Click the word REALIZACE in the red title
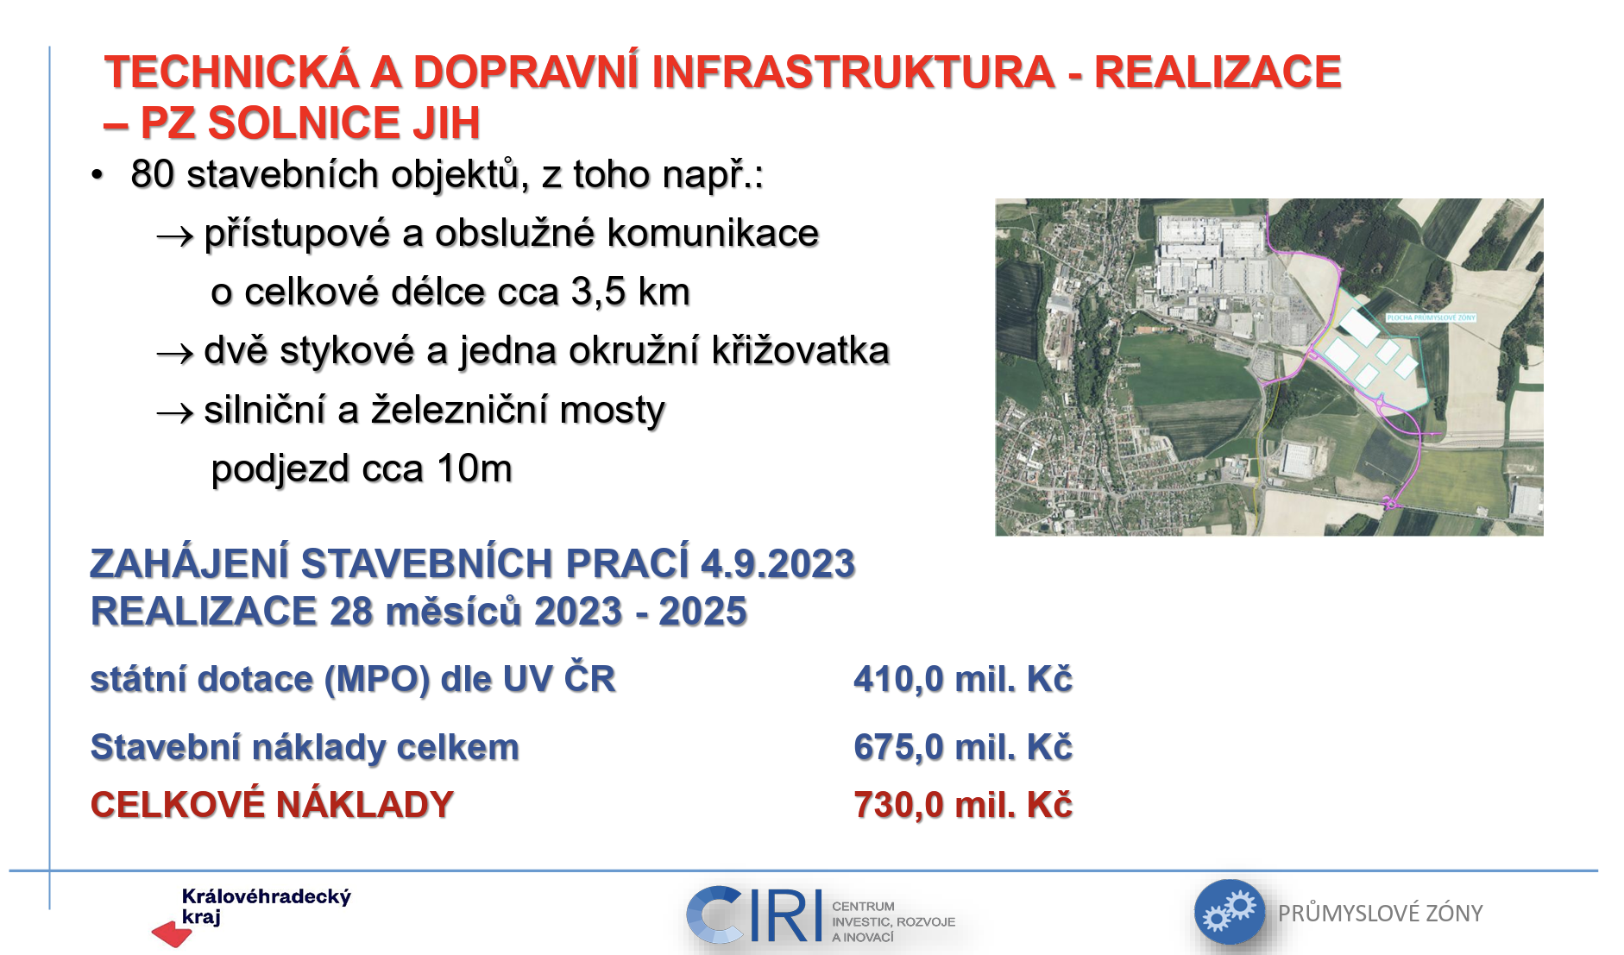point(1218,72)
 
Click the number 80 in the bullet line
point(153,174)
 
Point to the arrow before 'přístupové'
point(175,236)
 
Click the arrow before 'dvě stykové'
point(175,354)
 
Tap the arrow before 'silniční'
point(175,413)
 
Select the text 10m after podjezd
point(475,468)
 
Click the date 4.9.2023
point(777,564)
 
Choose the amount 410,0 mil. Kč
point(963,679)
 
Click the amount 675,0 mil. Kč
point(963,747)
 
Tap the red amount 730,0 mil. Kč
point(963,805)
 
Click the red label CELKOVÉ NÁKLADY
point(273,805)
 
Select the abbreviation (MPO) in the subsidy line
point(377,680)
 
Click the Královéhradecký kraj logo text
point(266,906)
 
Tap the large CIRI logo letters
point(755,914)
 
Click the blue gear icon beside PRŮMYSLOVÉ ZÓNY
point(1229,913)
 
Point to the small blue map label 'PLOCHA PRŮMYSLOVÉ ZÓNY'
point(1431,317)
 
